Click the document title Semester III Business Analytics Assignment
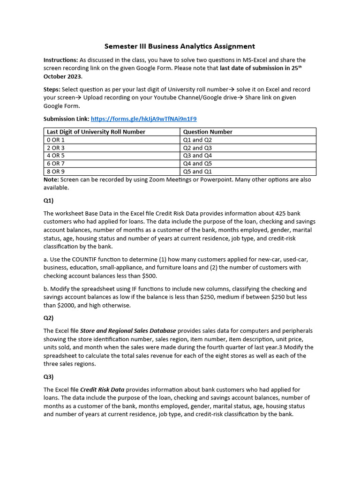tap(180, 46)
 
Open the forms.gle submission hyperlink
tap(143, 119)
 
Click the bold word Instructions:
tap(60, 60)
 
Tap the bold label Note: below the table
tap(51, 180)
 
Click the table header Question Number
tap(208, 132)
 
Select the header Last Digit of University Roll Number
tap(96, 132)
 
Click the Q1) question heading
tap(49, 201)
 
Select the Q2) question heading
tap(49, 318)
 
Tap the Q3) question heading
tap(49, 377)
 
